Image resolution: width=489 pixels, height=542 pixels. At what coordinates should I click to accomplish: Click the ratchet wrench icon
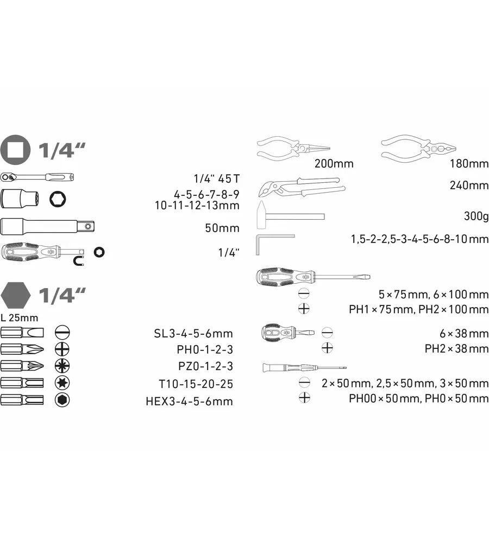pyautogui.click(x=37, y=177)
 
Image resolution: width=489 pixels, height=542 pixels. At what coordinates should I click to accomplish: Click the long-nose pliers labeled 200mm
pyautogui.click(x=293, y=148)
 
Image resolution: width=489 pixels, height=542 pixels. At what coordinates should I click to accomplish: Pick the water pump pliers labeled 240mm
pyautogui.click(x=302, y=187)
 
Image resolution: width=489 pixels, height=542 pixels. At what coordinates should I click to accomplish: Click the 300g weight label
pyautogui.click(x=476, y=216)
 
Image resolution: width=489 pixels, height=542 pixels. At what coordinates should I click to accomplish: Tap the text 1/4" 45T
pyautogui.click(x=217, y=178)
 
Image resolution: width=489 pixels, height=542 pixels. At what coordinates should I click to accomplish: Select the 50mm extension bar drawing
pyautogui.click(x=47, y=226)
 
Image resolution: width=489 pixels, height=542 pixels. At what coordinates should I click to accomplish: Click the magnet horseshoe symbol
pyautogui.click(x=79, y=261)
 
